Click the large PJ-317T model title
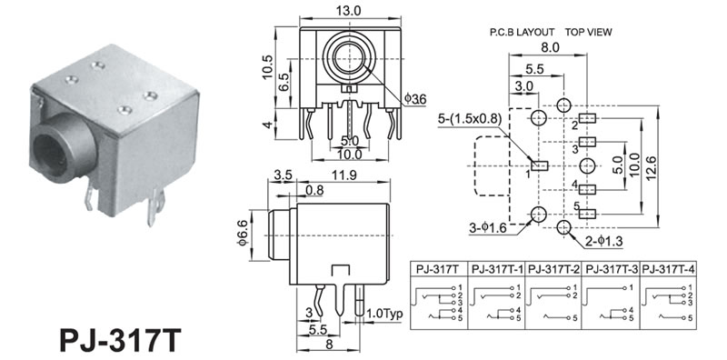(x=121, y=341)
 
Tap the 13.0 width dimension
(x=350, y=11)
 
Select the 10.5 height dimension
(x=267, y=67)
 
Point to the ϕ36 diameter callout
(x=415, y=99)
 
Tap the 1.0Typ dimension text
(x=385, y=314)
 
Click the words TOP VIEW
(x=588, y=32)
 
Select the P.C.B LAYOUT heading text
(x=523, y=32)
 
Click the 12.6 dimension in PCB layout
(x=651, y=166)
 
